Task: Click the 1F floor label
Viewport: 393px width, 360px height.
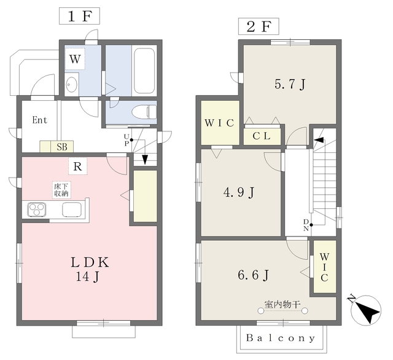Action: (79, 16)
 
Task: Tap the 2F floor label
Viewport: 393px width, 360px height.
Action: (259, 26)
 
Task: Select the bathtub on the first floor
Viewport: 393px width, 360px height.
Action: (144, 71)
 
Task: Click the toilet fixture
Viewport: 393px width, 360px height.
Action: (144, 112)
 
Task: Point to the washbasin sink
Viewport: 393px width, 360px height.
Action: (72, 85)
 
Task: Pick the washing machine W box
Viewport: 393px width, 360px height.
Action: (75, 59)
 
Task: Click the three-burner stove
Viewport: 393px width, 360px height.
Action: (37, 209)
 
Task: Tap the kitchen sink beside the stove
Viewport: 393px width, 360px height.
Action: (72, 209)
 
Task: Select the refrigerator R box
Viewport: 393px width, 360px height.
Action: (78, 166)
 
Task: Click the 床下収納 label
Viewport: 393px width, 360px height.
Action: (61, 190)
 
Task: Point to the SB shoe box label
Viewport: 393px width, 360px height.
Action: (62, 147)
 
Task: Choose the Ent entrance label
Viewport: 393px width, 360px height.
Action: (39, 120)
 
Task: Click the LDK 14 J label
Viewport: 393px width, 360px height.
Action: (90, 269)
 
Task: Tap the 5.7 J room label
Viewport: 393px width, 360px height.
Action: (290, 84)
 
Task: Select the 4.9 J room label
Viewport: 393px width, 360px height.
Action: (239, 192)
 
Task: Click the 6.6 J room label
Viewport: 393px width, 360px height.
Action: (253, 275)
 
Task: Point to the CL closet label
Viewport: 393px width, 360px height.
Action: (262, 136)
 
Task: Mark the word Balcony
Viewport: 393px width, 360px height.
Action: (281, 338)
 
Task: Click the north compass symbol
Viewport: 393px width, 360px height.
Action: (365, 310)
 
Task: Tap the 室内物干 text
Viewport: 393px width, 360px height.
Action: (282, 304)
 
